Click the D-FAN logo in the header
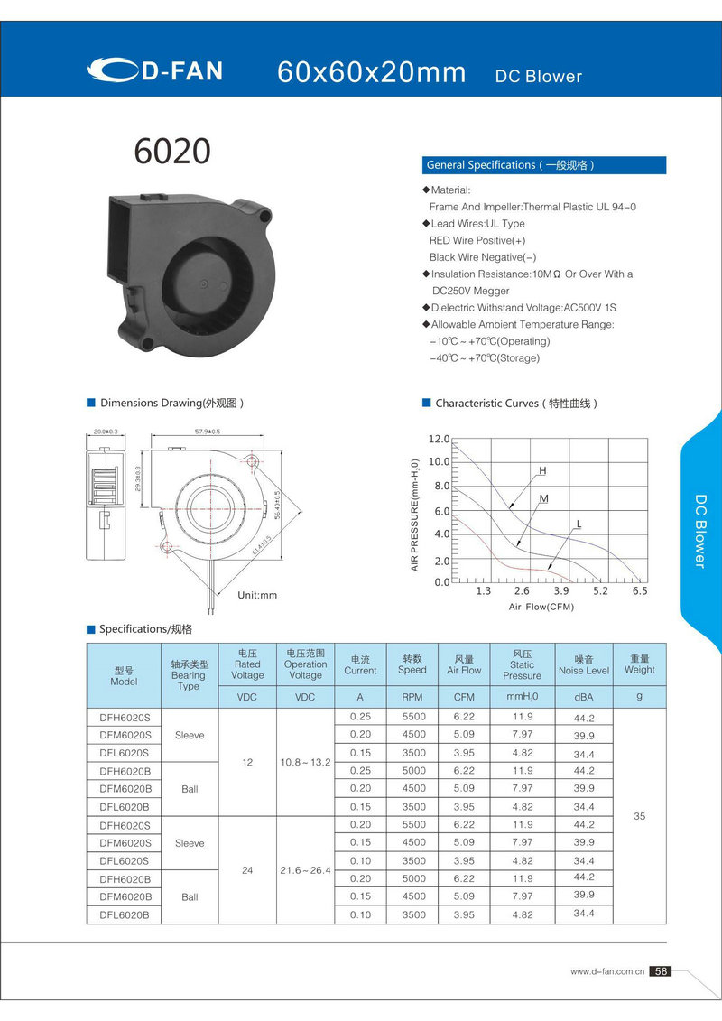[154, 70]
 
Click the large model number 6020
[172, 152]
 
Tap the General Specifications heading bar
[544, 165]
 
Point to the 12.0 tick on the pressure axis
[439, 439]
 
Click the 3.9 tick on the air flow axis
[561, 590]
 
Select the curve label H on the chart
[542, 470]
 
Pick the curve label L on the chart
[579, 524]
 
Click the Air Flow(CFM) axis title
[541, 607]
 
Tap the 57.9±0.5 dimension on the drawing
[208, 432]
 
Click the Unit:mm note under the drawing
[257, 595]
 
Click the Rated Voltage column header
[247, 664]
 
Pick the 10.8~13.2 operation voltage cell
[305, 763]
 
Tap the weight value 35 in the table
[639, 816]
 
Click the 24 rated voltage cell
[247, 871]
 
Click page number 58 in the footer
[661, 971]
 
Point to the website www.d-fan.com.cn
[606, 972]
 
